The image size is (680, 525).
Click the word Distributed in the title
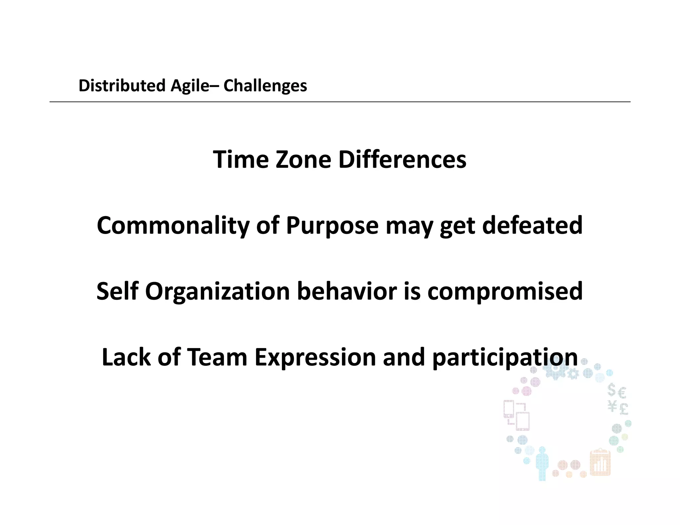[x=122, y=86]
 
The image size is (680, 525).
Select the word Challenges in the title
[x=265, y=86]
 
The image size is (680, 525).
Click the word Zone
[x=303, y=160]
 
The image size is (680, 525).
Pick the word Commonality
[x=173, y=225]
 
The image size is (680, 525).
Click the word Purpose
[x=332, y=225]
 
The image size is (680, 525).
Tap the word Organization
[x=217, y=291]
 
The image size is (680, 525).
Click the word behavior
[x=347, y=291]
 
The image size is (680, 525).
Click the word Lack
[x=126, y=357]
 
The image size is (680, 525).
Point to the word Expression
[x=315, y=357]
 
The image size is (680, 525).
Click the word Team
[x=217, y=357]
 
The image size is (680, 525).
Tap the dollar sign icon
[x=611, y=390]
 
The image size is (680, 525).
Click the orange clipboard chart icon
[x=600, y=463]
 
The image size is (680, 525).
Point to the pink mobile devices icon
[x=516, y=415]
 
